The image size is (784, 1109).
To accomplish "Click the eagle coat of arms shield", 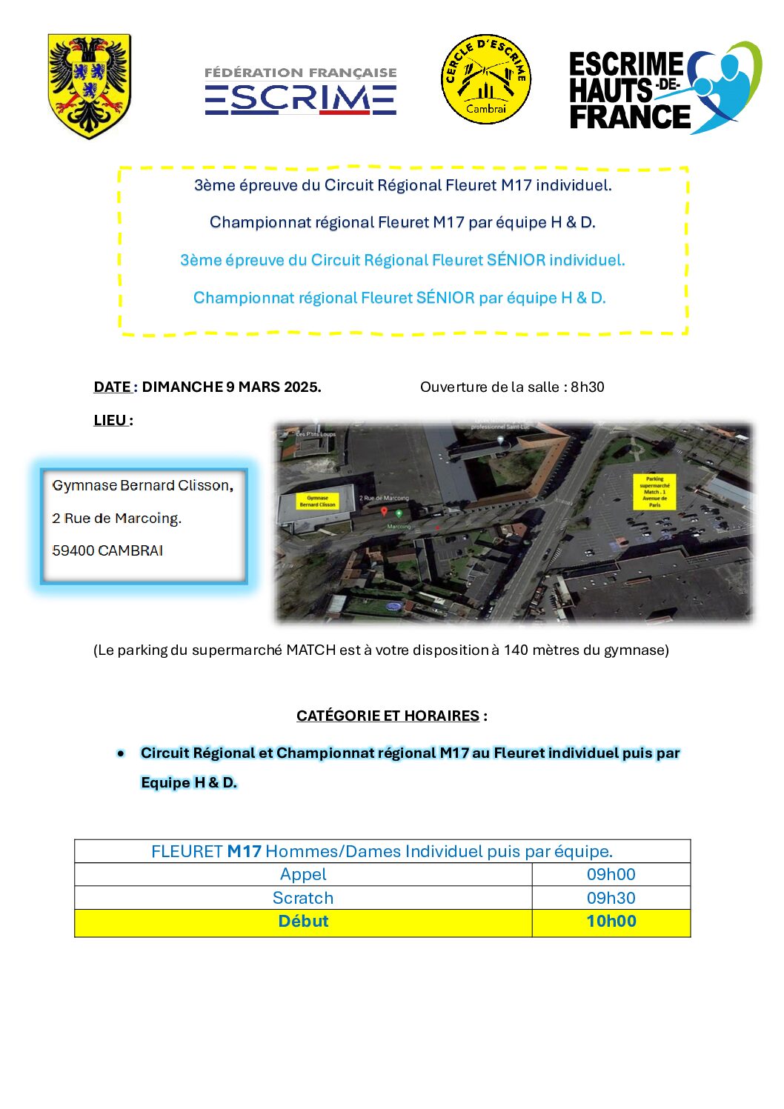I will click(89, 86).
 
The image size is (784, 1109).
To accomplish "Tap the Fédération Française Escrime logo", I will click(300, 91).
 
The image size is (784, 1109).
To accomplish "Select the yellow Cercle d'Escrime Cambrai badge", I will click(485, 79).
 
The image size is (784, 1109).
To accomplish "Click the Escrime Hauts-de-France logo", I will click(664, 89).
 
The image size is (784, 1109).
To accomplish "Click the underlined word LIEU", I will click(110, 420).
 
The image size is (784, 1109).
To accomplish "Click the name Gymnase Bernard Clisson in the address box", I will click(141, 485).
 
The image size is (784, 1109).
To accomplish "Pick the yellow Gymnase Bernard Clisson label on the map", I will click(317, 502).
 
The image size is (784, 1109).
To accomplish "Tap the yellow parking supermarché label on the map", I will click(655, 491).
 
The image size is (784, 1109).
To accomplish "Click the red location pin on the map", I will click(384, 511).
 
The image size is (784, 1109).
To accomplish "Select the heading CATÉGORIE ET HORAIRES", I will click(388, 716).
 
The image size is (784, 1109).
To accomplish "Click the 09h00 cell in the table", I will click(611, 874).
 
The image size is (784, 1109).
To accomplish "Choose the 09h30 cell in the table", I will click(611, 898).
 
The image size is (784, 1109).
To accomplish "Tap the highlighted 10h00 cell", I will click(611, 922).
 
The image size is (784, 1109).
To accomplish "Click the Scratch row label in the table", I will click(303, 898).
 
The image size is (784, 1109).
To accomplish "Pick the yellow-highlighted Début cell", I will click(303, 922).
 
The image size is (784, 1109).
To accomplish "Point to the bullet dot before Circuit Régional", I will click(121, 753).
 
